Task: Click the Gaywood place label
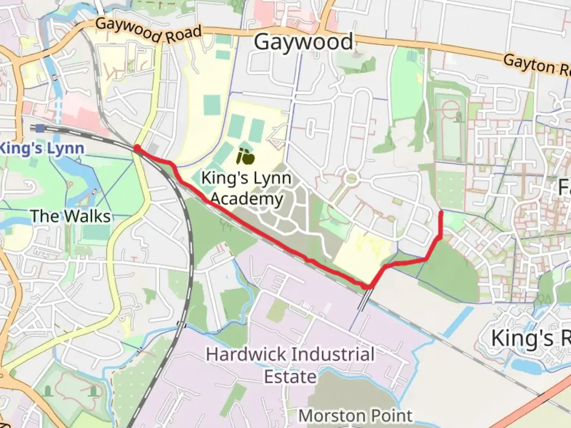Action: coord(303,42)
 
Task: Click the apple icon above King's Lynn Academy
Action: coord(245,157)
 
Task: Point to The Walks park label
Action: coord(71,216)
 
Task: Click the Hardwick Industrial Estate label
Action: coord(290,365)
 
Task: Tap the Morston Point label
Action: coord(355,416)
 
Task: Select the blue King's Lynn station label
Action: coord(42,149)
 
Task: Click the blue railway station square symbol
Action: coord(39,128)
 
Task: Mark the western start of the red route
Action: coord(137,148)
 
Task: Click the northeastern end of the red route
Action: coord(441,213)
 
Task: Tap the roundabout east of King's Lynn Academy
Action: coord(351,179)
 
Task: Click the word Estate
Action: coord(290,376)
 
